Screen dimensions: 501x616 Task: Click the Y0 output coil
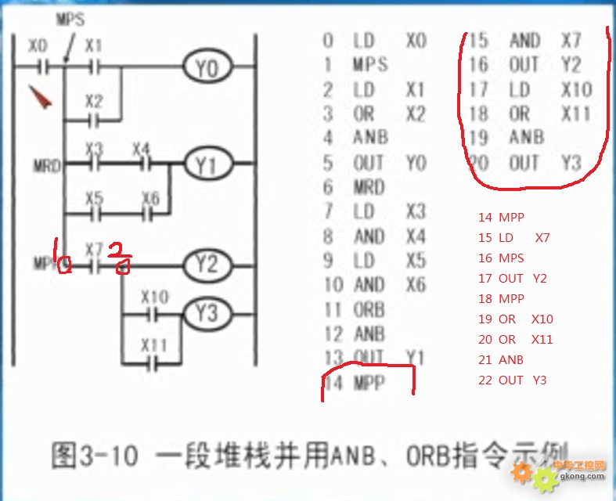coord(207,69)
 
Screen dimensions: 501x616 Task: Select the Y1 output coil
coord(207,165)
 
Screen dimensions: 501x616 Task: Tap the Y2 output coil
coord(207,265)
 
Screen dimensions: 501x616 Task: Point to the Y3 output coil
coord(207,313)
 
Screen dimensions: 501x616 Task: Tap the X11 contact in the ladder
coord(154,362)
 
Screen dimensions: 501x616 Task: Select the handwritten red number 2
coord(120,258)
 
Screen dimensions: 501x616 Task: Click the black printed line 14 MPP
coord(358,384)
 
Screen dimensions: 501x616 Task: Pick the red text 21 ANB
coord(501,360)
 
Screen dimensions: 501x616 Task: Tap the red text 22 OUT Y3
coord(512,380)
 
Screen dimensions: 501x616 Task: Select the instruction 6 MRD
coord(355,187)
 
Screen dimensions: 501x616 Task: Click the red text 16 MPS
coord(501,258)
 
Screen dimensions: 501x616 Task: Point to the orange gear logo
coord(523,473)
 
